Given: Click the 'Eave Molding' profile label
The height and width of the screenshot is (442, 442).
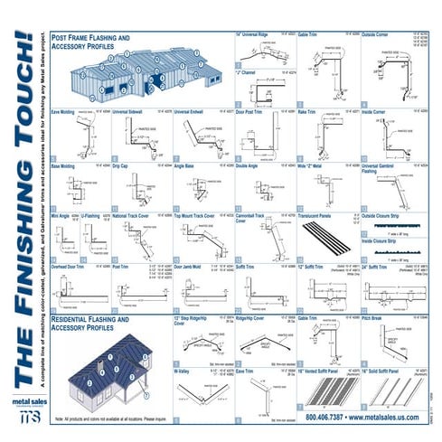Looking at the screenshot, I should click(x=62, y=112).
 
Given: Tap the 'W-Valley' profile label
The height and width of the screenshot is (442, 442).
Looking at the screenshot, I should click(x=183, y=370).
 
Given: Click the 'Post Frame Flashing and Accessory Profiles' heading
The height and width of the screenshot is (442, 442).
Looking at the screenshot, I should click(x=90, y=42).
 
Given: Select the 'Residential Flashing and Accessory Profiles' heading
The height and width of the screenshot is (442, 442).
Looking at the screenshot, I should click(x=91, y=324).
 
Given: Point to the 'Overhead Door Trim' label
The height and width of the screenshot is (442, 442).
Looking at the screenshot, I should click(x=71, y=268).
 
